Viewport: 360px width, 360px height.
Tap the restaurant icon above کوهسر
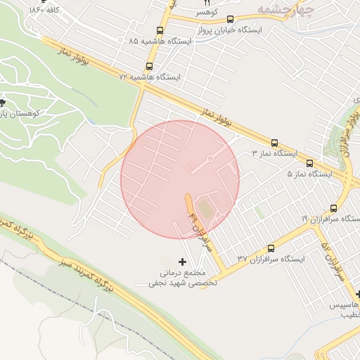tap(206, 4)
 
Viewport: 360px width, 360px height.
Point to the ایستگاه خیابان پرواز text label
tap(271, 32)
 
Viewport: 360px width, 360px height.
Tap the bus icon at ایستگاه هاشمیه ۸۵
tap(160, 30)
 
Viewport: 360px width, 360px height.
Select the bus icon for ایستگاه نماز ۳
tap(274, 141)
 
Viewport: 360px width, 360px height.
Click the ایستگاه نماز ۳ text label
tap(275, 153)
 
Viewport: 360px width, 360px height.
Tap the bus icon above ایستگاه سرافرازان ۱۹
tap(333, 208)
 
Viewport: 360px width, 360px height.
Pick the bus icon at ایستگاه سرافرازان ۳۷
tap(271, 248)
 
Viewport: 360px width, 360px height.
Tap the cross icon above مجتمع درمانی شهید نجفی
tap(184, 262)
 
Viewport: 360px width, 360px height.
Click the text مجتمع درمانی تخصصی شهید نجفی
tap(183, 278)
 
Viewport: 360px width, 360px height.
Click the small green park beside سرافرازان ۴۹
tap(205, 210)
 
